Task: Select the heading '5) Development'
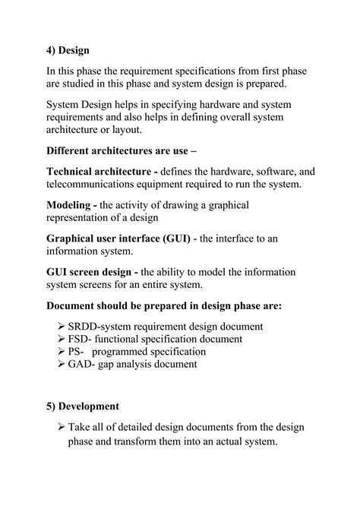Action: pos(83,406)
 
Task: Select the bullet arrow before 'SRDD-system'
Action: pos(62,327)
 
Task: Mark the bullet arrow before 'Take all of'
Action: pos(62,428)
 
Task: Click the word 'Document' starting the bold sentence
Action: pos(74,306)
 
